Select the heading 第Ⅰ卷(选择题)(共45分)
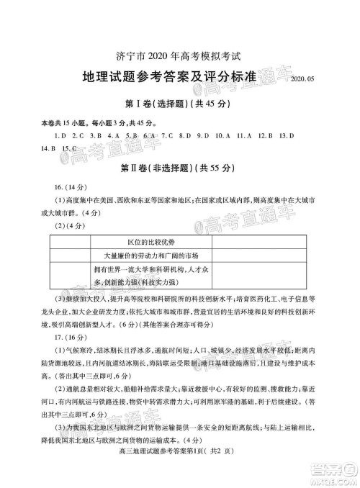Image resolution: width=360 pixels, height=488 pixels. (x=180, y=104)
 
